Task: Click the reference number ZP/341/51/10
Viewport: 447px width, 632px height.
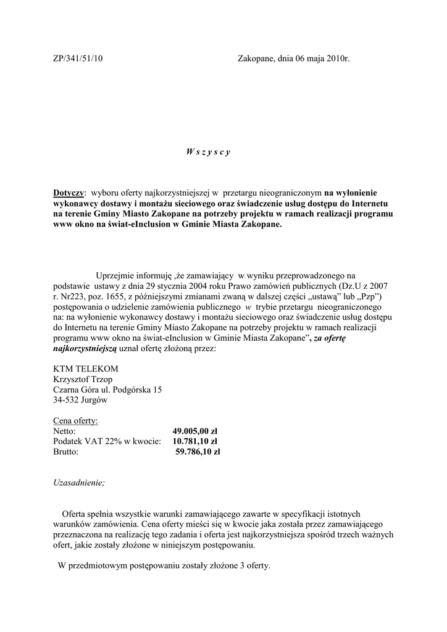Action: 78,59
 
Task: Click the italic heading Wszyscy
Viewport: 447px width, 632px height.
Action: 208,152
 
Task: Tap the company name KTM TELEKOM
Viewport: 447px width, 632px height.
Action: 85,368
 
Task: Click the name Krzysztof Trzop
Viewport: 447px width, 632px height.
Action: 83,379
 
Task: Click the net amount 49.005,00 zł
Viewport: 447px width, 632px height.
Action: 194,431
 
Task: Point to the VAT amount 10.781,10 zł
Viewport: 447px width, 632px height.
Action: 194,441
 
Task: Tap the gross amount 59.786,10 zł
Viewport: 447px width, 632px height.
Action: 198,452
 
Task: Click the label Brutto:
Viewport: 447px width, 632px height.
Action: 66,452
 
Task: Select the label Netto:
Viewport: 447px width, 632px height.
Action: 64,431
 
